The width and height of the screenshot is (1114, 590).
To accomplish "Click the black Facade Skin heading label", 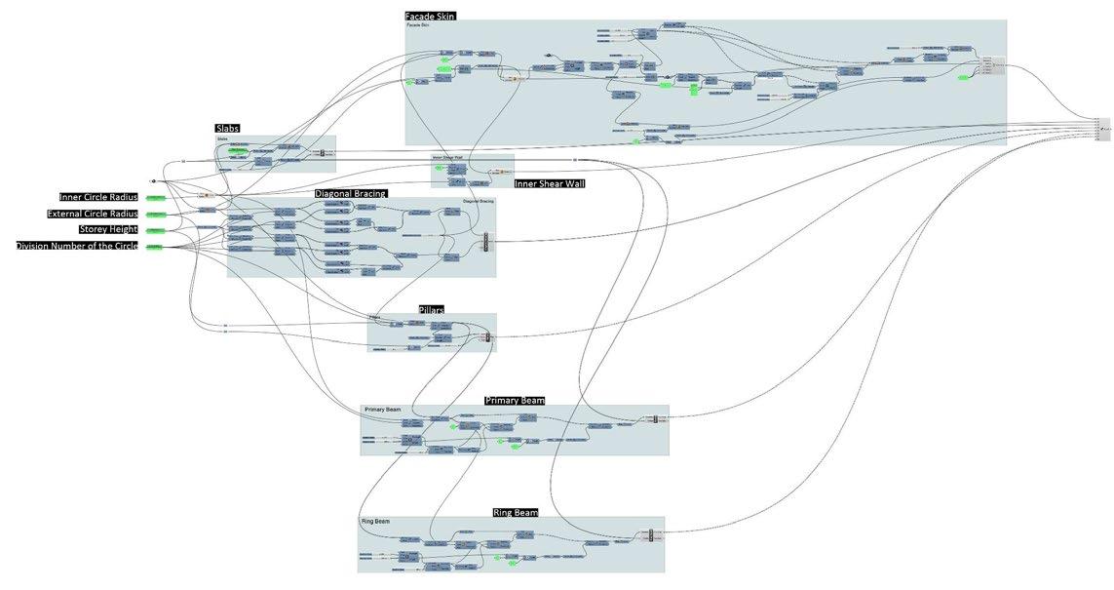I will pos(430,16).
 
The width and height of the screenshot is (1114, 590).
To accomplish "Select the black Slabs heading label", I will pos(227,129).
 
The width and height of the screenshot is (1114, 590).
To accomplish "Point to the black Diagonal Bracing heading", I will pos(351,193).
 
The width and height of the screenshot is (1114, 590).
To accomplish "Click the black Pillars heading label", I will pos(432,309).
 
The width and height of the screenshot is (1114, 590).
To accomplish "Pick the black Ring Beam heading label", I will pos(516,512).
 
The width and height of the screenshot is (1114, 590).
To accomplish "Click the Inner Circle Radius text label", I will pos(98,197).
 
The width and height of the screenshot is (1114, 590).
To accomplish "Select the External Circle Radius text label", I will pos(93,214).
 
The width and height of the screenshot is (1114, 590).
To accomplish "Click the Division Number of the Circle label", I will pos(77,246).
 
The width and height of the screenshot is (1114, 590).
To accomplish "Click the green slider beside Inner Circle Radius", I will pos(156,198).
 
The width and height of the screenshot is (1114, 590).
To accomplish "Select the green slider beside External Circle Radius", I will pos(156,215).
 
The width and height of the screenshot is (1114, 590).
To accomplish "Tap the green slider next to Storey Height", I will pos(156,230).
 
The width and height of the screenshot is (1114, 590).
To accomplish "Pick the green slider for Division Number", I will pos(156,247).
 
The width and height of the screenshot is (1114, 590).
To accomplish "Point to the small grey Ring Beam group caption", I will pos(375,522).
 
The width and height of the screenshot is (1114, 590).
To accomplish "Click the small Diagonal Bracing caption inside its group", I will pos(479,201).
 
